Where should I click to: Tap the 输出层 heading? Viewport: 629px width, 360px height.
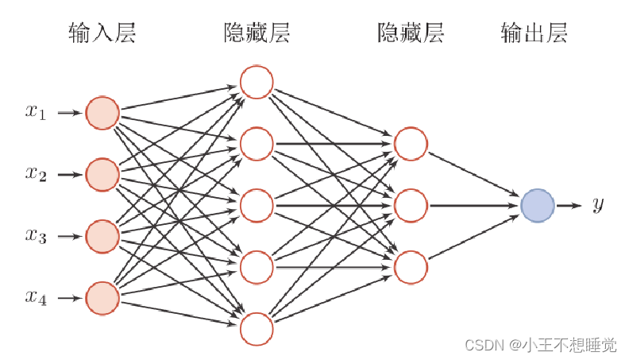coord(534,33)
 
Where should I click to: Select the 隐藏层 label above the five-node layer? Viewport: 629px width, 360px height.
coord(257,33)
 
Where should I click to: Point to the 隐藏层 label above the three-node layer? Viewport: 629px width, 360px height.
coord(411,33)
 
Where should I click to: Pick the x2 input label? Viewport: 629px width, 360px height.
coord(36,174)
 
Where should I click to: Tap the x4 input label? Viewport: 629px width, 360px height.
coord(36,298)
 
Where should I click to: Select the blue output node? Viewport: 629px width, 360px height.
coord(538,206)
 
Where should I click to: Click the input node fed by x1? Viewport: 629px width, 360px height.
coord(102,113)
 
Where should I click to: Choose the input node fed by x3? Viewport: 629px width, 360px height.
coord(102,236)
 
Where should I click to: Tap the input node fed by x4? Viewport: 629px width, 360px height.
coord(102,298)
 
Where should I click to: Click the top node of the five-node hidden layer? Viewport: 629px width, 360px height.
coord(257,82)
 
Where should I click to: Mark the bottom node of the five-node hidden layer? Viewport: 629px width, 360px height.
coord(257,329)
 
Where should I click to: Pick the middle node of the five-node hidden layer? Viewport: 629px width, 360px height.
coord(257,205)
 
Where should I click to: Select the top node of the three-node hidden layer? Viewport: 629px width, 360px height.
coord(411,144)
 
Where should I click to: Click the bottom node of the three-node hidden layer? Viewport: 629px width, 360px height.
coord(411,267)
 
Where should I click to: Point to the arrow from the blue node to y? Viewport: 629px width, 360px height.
coord(569,206)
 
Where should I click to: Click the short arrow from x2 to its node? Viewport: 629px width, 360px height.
coord(70,174)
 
